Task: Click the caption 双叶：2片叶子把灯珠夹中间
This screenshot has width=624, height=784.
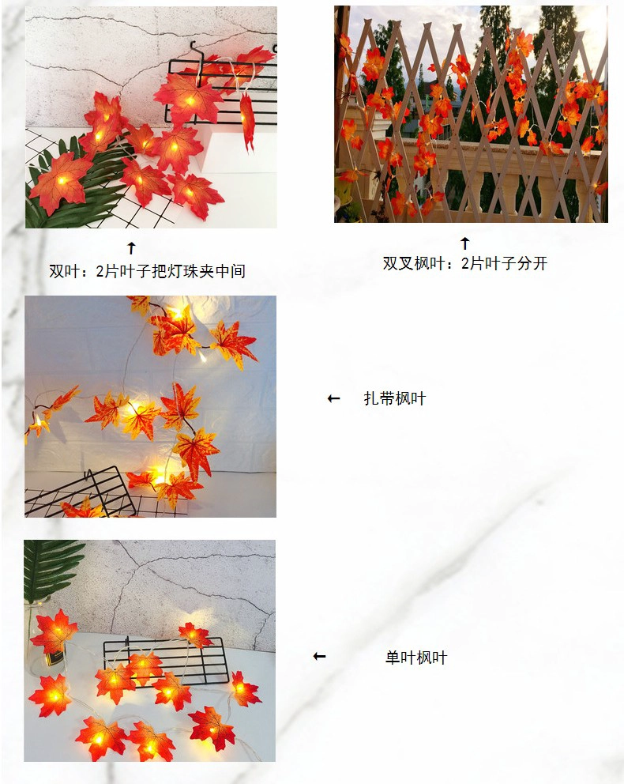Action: point(148,271)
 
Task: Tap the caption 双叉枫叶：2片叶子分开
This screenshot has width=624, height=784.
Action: point(465,263)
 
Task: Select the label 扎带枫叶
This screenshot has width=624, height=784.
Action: point(395,398)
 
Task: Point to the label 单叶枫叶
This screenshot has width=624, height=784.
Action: point(416,657)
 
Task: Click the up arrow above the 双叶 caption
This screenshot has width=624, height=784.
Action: point(131,247)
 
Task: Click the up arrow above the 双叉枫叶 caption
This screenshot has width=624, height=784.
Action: point(465,243)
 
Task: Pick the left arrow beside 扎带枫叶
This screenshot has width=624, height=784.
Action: point(334,398)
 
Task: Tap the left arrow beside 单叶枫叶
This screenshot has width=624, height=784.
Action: point(319,656)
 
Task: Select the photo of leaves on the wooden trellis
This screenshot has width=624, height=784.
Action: point(471,114)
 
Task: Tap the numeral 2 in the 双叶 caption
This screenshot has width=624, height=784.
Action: point(100,272)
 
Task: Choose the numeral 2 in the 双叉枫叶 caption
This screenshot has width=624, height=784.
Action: point(465,263)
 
